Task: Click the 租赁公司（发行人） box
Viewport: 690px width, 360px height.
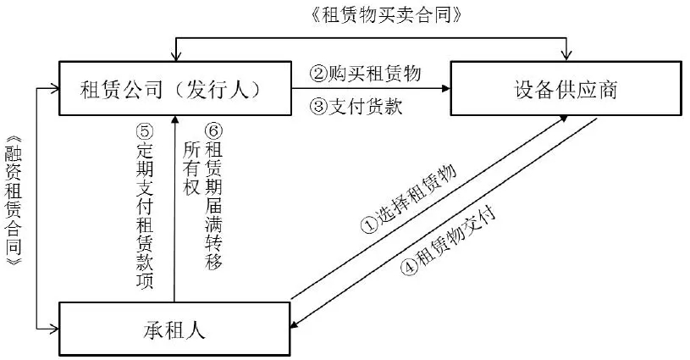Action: click(x=173, y=88)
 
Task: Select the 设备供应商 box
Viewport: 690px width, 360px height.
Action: click(x=565, y=88)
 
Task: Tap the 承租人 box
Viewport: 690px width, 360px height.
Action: click(x=173, y=329)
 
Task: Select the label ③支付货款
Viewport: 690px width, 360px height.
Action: click(x=355, y=107)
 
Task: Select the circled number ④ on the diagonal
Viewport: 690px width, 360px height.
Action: click(x=408, y=265)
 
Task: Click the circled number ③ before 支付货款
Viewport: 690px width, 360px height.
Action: click(x=318, y=107)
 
